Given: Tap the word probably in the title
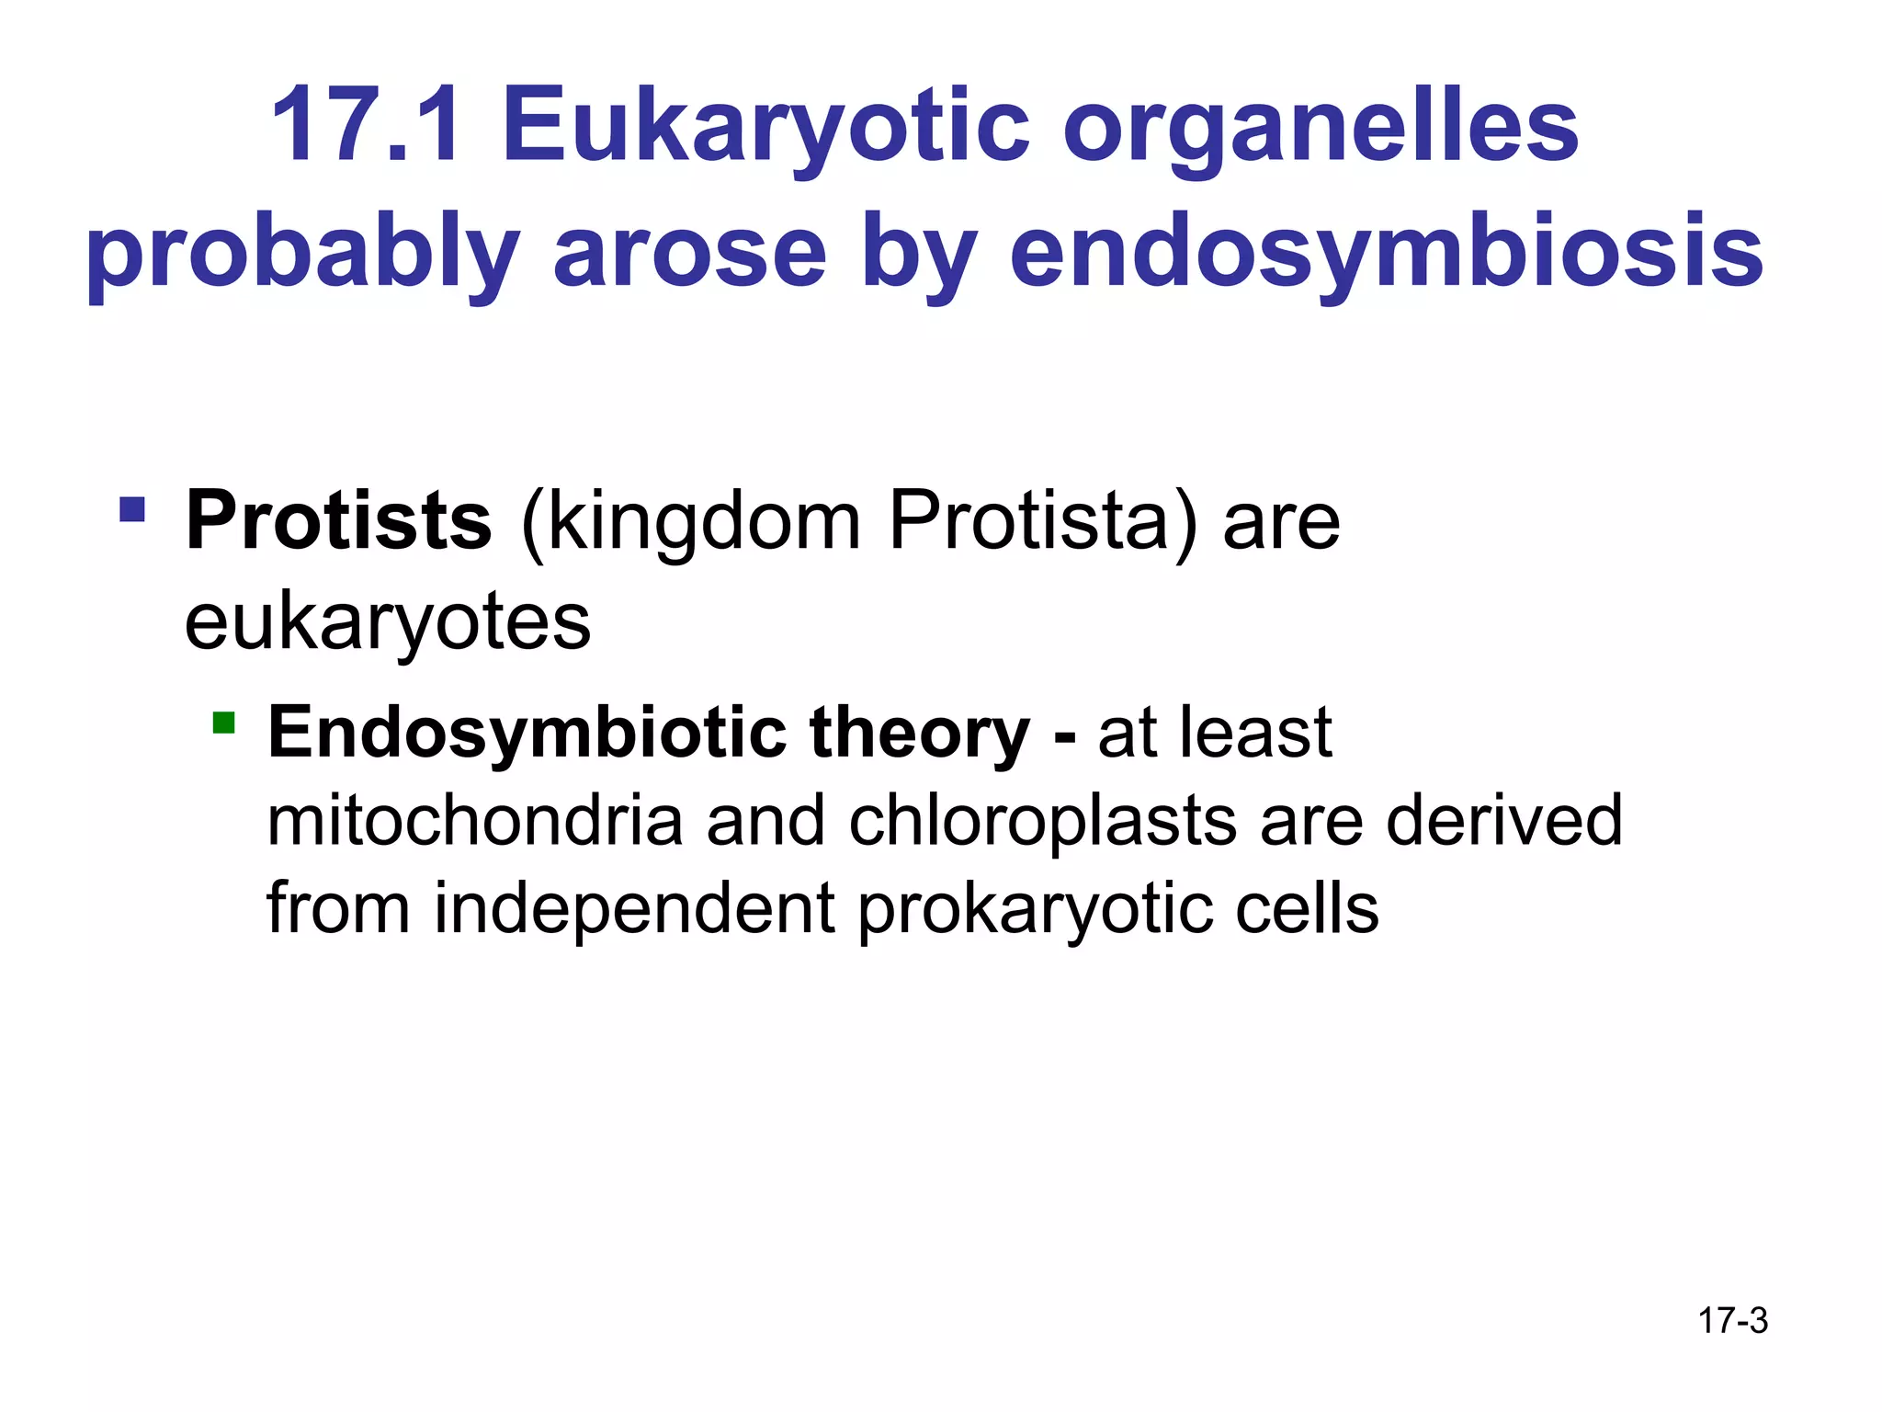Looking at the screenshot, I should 303,253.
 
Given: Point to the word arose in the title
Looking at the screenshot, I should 689,253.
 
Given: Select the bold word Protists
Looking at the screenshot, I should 339,521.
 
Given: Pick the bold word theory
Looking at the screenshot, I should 919,734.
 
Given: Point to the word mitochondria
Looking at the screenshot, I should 474,821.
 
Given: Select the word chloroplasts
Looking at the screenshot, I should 1042,821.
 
